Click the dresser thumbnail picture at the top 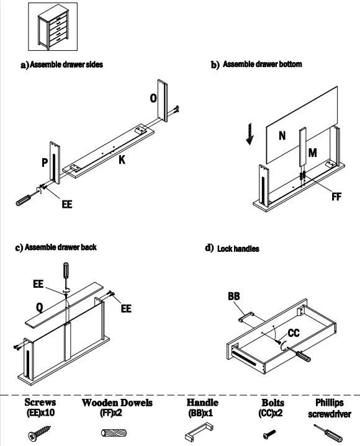(53, 27)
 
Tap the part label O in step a (153, 98)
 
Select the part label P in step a (45, 163)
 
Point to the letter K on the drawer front (122, 160)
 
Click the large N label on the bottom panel (282, 136)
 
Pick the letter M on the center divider (312, 153)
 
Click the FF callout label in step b (336, 197)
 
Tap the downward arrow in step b (250, 134)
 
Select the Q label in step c (40, 307)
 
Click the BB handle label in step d (234, 296)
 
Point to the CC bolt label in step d (294, 332)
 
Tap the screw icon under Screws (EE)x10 (40, 433)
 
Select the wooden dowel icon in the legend (114, 433)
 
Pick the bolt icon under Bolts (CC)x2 (269, 434)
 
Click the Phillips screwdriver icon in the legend (328, 433)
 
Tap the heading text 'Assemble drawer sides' (66, 65)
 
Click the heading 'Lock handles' (238, 249)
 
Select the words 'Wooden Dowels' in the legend (117, 403)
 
